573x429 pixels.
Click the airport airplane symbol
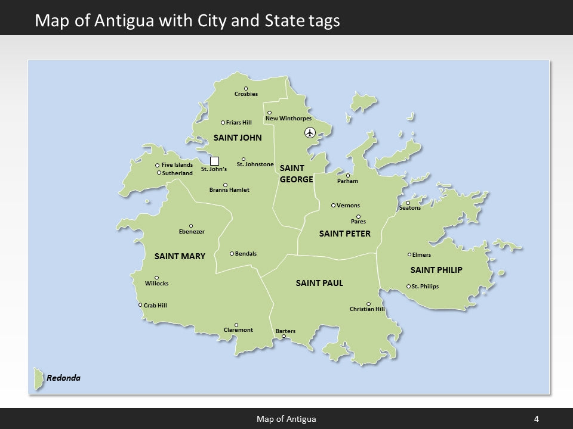[309, 132]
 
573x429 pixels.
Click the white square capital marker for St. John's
[215, 161]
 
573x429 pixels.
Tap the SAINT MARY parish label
[180, 257]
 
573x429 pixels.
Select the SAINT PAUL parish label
[319, 283]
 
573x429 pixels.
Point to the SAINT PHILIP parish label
[436, 270]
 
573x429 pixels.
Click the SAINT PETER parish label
[344, 234]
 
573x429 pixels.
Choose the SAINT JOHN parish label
[238, 138]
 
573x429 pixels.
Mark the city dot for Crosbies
[246, 89]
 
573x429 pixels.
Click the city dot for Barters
[284, 336]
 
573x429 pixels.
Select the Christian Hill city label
[367, 309]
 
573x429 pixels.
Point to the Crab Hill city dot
[140, 305]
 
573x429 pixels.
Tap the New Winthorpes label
[288, 119]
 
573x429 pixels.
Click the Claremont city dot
[236, 325]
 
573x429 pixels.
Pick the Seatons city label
[409, 208]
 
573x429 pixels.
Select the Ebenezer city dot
[191, 226]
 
